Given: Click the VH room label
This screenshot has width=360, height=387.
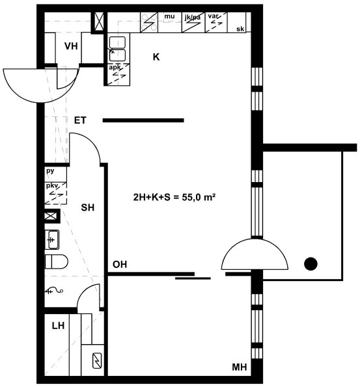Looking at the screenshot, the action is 71,46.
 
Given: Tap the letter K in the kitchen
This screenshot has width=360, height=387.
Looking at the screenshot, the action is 156,57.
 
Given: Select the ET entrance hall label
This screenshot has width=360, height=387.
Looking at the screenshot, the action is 80,120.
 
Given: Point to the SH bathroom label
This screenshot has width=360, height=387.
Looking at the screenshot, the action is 88,207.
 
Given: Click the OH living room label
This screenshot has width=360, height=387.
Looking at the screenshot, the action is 120,265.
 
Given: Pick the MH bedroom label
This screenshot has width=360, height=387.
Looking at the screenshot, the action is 239,367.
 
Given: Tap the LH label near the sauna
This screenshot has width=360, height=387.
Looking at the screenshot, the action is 58,326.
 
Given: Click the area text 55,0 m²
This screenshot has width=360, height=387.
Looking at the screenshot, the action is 199,197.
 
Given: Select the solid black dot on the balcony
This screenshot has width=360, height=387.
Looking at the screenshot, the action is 311,264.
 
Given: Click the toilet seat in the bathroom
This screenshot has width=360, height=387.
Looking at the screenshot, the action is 57,262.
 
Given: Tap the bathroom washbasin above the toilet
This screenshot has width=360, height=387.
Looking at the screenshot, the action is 52,239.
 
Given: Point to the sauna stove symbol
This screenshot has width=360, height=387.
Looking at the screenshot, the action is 97,361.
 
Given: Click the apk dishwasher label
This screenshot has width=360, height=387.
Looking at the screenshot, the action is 115,67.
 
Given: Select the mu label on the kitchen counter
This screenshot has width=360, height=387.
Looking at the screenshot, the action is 169,16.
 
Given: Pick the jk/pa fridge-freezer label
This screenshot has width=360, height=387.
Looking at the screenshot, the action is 193,18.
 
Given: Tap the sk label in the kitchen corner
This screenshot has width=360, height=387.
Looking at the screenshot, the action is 240,29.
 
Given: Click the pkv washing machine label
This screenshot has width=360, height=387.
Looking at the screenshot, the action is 52,186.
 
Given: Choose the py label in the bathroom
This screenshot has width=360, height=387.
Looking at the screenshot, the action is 50,171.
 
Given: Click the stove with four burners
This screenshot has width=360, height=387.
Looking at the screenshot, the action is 149,23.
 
